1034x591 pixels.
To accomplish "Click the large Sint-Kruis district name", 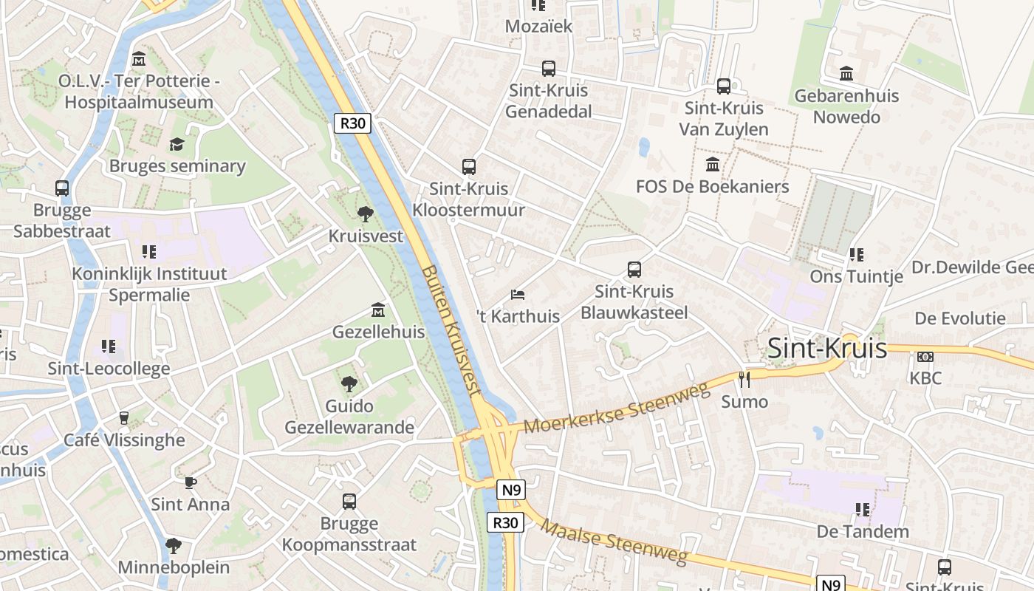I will (x=827, y=348).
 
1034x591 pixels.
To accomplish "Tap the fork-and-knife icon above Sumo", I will (x=744, y=380).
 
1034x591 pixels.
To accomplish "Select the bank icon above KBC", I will (x=925, y=357).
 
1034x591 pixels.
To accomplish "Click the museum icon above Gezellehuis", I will (x=378, y=309).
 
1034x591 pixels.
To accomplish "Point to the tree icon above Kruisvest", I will (x=365, y=214).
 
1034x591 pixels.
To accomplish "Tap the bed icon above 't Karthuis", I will (x=518, y=295).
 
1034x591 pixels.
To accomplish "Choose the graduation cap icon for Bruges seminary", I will (x=177, y=144).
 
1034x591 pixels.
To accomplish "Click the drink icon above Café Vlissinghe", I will (x=124, y=418).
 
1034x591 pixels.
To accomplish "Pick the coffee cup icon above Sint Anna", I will (x=191, y=482).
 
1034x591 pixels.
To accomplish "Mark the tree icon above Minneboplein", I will (x=174, y=546).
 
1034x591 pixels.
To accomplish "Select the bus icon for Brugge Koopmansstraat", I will (x=349, y=502).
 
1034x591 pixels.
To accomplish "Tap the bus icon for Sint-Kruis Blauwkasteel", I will (x=634, y=270).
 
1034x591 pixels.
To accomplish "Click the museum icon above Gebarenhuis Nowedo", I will (x=846, y=74).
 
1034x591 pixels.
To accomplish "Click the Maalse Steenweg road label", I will (x=614, y=541).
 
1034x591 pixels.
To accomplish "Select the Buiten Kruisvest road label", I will (x=451, y=333).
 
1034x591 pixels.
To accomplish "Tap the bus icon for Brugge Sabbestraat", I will (x=62, y=188).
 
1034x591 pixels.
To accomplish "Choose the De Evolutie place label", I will (x=960, y=318).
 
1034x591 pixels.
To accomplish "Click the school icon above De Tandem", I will (x=862, y=510).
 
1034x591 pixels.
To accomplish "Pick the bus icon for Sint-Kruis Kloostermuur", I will (x=468, y=167).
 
